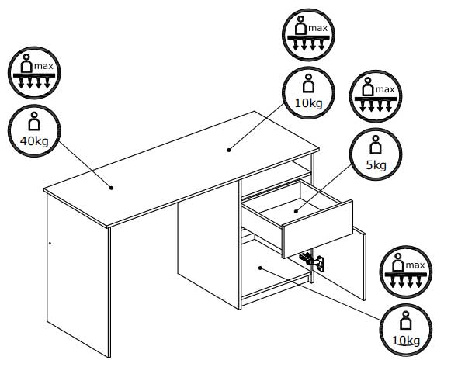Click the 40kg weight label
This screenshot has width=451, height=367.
(x=34, y=141)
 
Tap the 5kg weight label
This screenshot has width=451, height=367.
(x=376, y=165)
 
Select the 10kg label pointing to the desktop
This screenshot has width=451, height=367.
(x=309, y=103)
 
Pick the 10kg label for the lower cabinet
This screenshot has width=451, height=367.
(x=406, y=341)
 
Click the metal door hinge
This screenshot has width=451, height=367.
(x=312, y=261)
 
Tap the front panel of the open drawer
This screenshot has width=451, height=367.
(x=317, y=229)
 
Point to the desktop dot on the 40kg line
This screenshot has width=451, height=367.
(x=111, y=188)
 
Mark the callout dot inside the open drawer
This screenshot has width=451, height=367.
(x=296, y=211)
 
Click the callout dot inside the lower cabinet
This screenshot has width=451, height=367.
(x=260, y=268)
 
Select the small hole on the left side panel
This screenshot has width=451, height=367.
(x=50, y=244)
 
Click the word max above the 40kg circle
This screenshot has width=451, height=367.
(x=43, y=66)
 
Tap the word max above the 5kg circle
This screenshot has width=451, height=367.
(x=385, y=90)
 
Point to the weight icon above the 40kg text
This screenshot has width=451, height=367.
(x=34, y=121)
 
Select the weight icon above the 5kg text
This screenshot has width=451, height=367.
(x=376, y=144)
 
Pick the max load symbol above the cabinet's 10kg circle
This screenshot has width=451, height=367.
(x=406, y=272)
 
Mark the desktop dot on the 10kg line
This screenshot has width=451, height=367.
(x=229, y=150)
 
